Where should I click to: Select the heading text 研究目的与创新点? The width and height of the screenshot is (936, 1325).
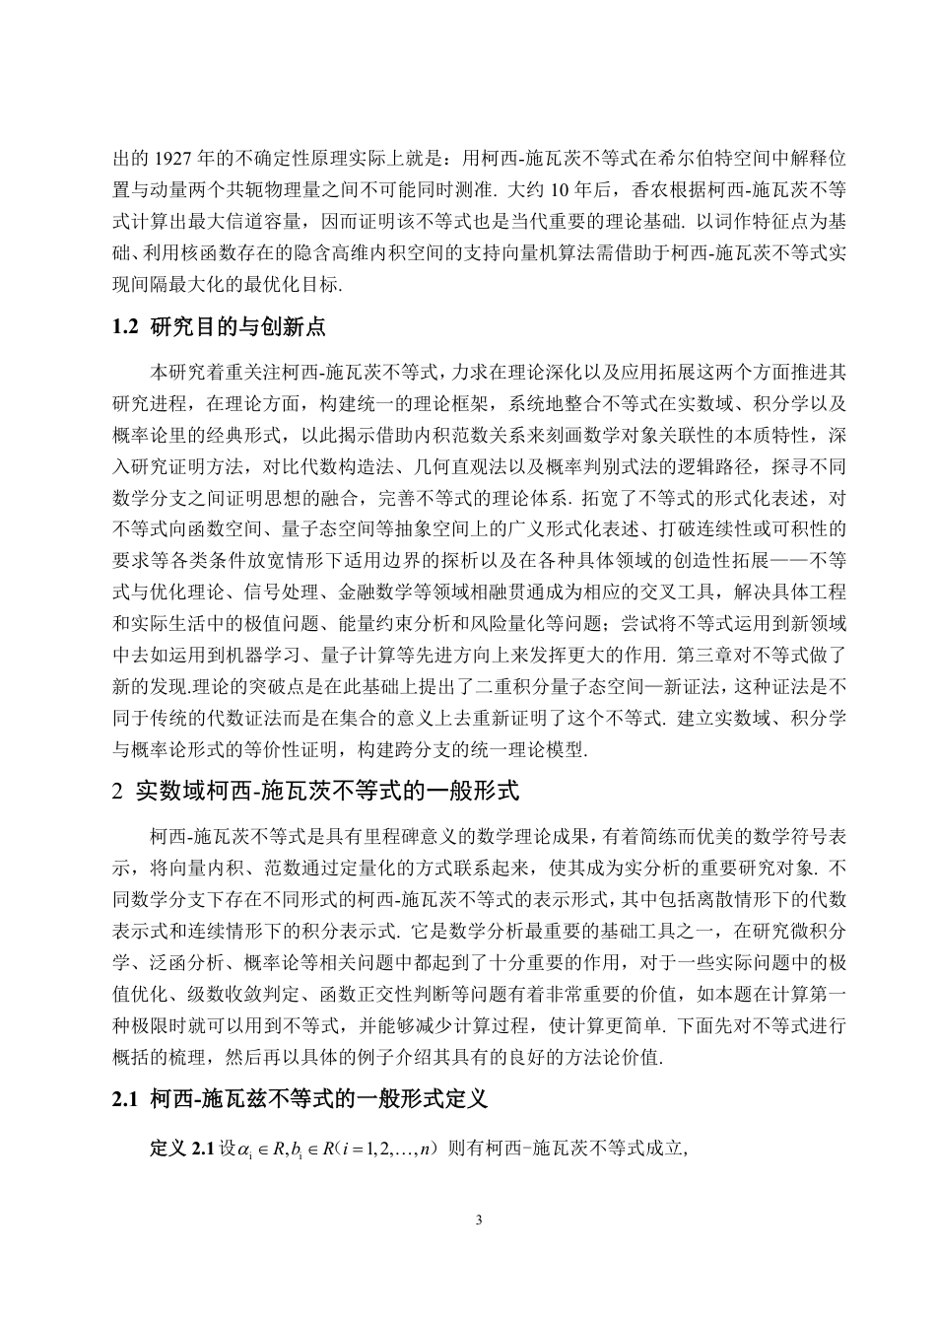coord(237,327)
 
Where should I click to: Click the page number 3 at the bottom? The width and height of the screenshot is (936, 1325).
coord(479,1220)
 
